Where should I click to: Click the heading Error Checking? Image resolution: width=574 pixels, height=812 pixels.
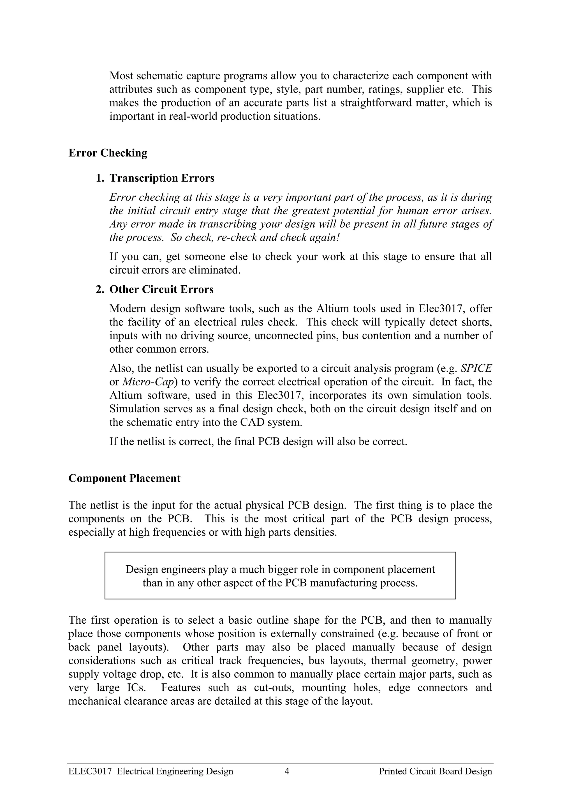pos(108,153)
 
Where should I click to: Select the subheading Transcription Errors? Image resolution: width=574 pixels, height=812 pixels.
pos(162,178)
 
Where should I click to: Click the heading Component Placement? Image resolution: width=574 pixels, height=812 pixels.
pos(124,478)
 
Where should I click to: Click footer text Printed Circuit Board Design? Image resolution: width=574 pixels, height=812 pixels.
pos(435,781)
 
